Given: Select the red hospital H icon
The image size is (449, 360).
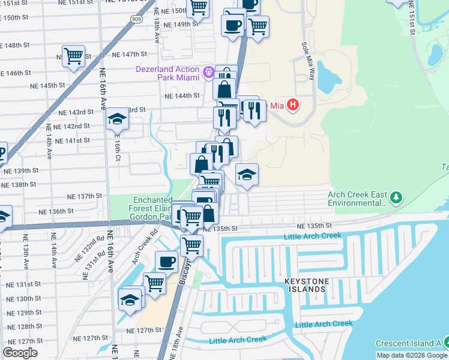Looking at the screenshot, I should (x=292, y=106).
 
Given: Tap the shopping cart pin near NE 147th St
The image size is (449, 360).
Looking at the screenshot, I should (x=74, y=56).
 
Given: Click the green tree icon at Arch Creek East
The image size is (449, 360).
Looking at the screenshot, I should (x=396, y=197).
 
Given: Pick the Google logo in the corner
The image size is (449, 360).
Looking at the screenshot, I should (x=20, y=353).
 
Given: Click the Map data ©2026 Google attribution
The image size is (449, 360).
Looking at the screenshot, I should (x=412, y=355).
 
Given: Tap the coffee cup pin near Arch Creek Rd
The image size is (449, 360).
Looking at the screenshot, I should (x=166, y=261).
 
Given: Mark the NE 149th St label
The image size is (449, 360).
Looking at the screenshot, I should (x=182, y=24).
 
